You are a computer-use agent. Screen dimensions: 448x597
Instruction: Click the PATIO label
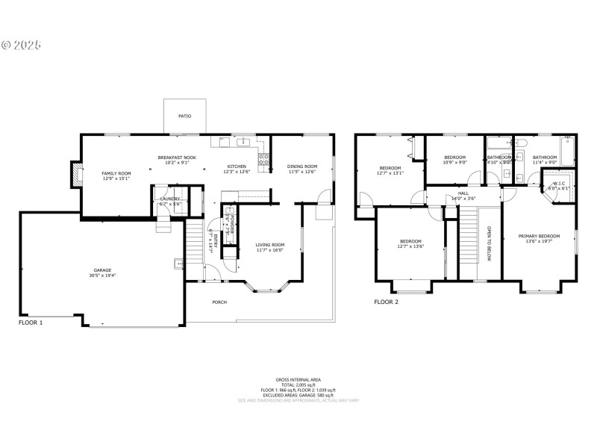click(x=184, y=116)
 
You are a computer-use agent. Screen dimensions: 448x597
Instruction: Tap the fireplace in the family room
click(x=75, y=174)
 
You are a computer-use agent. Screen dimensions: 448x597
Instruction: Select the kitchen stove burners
click(x=263, y=158)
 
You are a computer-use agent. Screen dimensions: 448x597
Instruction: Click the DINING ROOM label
click(x=302, y=167)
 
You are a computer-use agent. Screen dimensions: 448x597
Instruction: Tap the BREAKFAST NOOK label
click(x=177, y=158)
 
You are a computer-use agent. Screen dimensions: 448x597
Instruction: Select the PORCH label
click(x=219, y=302)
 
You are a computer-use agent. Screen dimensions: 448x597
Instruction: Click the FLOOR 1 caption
click(x=31, y=323)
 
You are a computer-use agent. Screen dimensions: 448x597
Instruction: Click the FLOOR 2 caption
click(x=387, y=302)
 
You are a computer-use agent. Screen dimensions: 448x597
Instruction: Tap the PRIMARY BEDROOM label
click(x=539, y=237)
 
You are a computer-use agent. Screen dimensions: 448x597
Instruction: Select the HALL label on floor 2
click(x=463, y=194)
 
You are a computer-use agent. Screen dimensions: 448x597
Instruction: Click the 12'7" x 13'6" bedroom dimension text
click(x=411, y=246)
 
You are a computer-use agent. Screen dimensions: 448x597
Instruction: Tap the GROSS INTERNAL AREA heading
click(x=298, y=379)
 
